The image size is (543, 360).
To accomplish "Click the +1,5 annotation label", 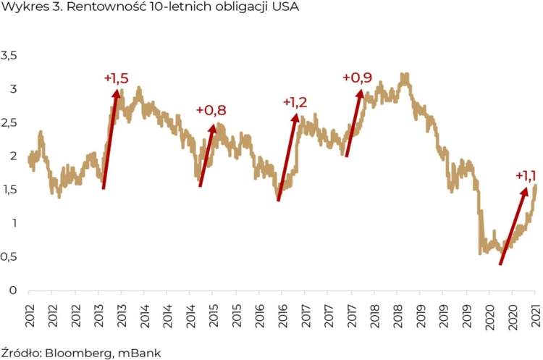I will tap(116, 78).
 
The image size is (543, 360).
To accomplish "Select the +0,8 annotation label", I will tap(211, 110).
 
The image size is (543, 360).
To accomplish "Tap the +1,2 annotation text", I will tap(294, 102).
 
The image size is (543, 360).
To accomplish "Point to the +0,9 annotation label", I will tap(358, 78).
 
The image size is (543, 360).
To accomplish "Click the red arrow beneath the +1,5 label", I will tap(111, 138).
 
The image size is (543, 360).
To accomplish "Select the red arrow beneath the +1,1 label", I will tap(513, 225).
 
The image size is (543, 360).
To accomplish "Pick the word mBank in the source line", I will tap(141, 353).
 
